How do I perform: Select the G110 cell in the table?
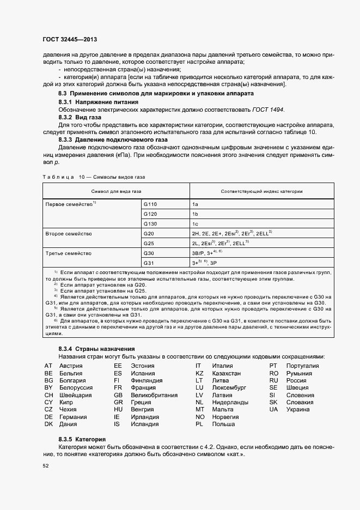(150, 203)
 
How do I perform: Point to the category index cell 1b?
(195, 214)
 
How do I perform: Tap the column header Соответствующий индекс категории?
(262, 191)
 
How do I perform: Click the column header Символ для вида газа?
(116, 191)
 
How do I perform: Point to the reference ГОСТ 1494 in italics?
(267, 110)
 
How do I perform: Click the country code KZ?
(199, 374)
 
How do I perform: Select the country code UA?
(273, 409)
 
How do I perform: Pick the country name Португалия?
(302, 366)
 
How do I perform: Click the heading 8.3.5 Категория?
(82, 439)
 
